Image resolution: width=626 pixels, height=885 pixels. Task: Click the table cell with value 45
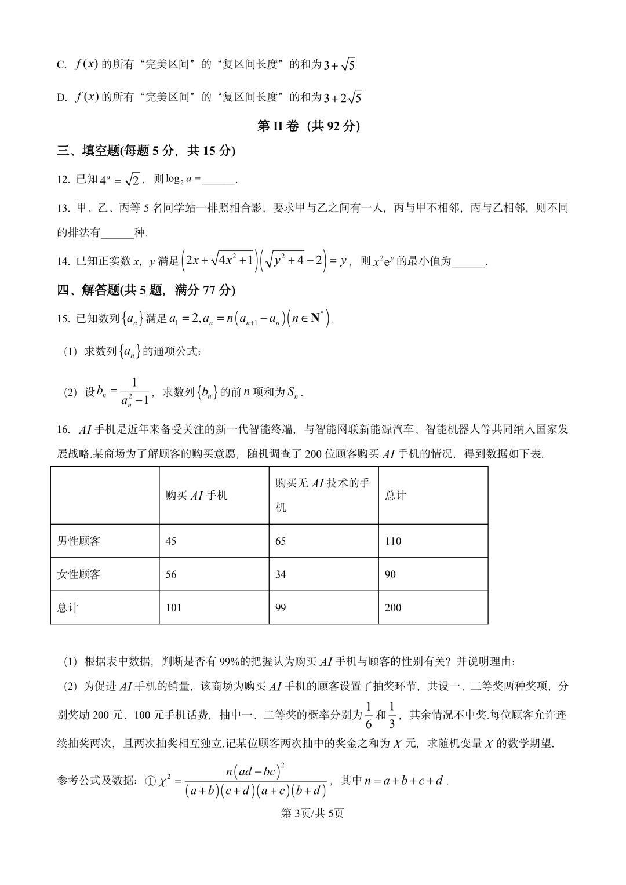[x=171, y=541]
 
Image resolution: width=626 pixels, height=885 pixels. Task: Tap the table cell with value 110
[x=392, y=541]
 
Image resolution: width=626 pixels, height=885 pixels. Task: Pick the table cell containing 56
[x=171, y=574]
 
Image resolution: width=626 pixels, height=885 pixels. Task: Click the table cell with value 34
[x=281, y=574]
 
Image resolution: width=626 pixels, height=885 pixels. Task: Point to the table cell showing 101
[x=173, y=607]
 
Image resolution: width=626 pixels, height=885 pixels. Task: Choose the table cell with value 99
[x=281, y=607]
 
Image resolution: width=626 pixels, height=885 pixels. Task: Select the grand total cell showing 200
[x=392, y=607]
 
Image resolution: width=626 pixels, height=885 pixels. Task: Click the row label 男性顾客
[x=79, y=541]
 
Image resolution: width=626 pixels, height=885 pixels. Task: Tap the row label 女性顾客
[x=79, y=574]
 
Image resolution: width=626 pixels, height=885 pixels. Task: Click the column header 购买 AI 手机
[x=196, y=496]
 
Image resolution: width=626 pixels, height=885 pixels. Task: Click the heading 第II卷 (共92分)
[x=308, y=126]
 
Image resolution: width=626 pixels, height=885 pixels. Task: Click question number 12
[x=63, y=180]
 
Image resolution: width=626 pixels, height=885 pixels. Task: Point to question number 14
[x=63, y=261]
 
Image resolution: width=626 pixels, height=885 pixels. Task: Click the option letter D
[x=61, y=97]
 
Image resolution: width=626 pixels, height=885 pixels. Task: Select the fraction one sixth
[x=369, y=715]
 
